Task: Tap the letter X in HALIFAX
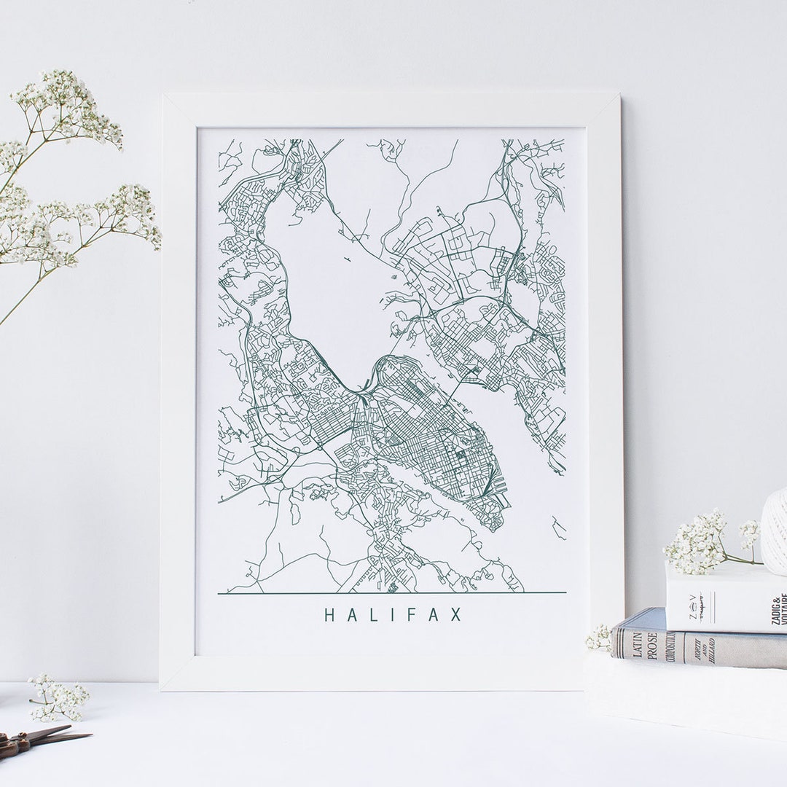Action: pyautogui.click(x=456, y=615)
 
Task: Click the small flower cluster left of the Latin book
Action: pyautogui.click(x=600, y=638)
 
